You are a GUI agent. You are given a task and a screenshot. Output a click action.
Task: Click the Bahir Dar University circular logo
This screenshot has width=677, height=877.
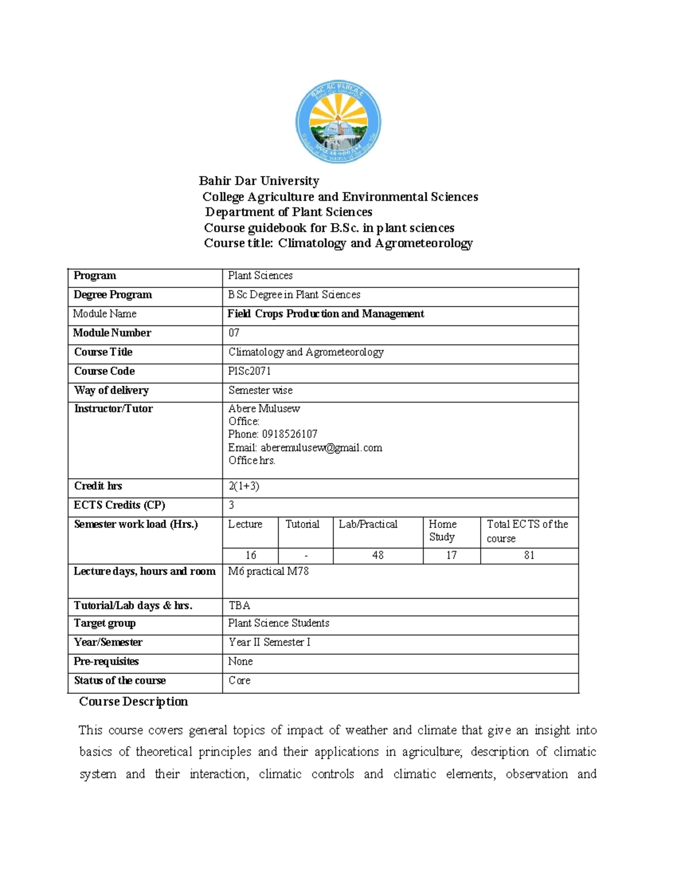point(338,121)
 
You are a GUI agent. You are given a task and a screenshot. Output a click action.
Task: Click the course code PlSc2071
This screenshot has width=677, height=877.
point(249,371)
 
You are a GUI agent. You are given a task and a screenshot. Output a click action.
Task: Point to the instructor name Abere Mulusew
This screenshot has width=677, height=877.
point(264,408)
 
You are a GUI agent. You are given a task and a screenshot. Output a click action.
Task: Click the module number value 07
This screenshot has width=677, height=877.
point(234,333)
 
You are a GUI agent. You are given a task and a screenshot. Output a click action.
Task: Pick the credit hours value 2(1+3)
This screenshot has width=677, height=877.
point(244,486)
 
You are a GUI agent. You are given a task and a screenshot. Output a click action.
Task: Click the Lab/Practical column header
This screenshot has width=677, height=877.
point(368,524)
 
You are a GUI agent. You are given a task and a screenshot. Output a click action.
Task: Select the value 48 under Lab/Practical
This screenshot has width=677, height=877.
point(378,555)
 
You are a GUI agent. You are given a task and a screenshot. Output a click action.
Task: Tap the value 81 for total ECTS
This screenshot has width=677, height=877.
point(529,555)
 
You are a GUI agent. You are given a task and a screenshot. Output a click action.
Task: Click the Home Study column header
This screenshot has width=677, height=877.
point(442,530)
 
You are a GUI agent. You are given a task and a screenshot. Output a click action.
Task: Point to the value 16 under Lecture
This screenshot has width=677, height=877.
point(250,555)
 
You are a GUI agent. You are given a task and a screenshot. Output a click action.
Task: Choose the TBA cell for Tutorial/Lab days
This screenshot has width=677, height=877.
point(239,605)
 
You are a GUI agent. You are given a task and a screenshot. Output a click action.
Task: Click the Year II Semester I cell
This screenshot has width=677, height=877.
point(269,642)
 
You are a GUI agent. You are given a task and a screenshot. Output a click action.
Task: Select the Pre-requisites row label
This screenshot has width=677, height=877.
point(106,661)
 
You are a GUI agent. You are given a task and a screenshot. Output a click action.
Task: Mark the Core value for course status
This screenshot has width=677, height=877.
point(239,680)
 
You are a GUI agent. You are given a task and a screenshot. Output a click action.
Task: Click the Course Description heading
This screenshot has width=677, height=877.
point(133,701)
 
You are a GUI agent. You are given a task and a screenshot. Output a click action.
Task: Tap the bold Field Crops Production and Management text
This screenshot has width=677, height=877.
point(326,313)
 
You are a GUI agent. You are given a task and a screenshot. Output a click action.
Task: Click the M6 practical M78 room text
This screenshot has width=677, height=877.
point(268,571)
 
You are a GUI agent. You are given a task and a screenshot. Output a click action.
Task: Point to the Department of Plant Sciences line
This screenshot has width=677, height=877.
point(288,212)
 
